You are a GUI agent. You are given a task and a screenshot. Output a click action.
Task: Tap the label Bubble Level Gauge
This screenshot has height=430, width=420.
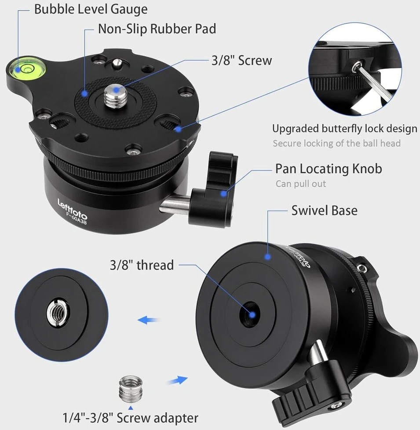tap(91, 9)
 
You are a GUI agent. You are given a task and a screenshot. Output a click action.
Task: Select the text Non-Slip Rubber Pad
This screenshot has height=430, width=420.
tap(157, 29)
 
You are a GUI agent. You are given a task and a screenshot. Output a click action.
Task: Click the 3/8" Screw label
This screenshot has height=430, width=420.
tap(242, 60)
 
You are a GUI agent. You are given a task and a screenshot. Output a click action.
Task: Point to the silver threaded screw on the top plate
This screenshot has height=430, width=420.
tap(116, 95)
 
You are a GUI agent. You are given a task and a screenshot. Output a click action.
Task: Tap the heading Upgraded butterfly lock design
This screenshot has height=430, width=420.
tap(344, 129)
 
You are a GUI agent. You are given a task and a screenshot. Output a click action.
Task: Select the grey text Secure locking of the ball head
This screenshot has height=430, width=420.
tap(336, 143)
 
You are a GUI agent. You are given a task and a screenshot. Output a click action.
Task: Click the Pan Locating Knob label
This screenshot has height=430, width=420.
tap(329, 169)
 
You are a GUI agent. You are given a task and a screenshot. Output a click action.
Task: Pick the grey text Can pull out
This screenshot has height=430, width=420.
tap(301, 183)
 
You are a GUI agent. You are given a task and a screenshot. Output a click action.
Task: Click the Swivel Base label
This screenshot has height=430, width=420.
tap(324, 211)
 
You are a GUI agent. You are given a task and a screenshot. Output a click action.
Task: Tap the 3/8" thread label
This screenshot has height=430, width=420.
tap(142, 265)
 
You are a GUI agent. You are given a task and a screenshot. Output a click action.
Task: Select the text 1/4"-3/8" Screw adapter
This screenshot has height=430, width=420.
tap(130, 418)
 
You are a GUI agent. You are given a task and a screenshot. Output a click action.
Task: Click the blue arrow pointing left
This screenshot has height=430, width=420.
tap(148, 320)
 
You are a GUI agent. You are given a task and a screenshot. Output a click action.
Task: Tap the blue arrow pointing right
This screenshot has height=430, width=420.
tap(177, 381)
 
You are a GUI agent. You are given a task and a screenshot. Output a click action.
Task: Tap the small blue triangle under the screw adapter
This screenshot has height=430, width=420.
tap(131, 408)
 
